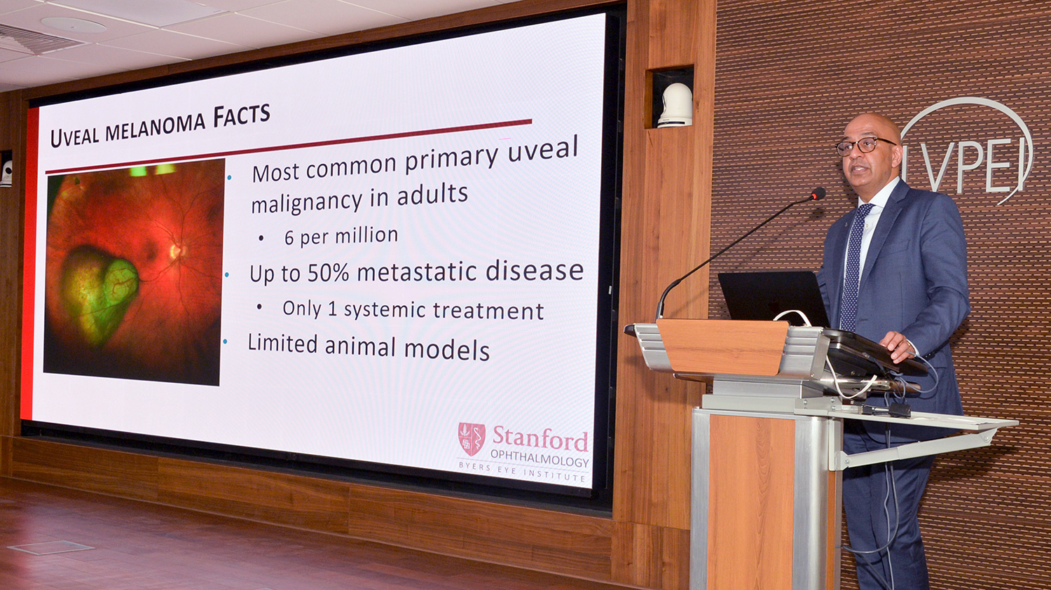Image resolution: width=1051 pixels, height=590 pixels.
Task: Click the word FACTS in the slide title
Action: tap(242, 115)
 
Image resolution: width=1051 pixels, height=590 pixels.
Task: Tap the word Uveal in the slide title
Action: tap(75, 136)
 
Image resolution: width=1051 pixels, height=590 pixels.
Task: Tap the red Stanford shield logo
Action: tap(472, 439)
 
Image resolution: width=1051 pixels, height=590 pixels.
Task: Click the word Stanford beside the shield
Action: tap(540, 439)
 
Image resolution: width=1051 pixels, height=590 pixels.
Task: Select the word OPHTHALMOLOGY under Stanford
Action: tap(540, 459)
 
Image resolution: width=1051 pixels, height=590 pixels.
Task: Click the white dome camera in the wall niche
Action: tap(675, 106)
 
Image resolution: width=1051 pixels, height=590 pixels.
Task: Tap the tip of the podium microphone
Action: tap(819, 193)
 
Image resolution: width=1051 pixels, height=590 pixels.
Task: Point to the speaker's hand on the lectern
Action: tap(898, 346)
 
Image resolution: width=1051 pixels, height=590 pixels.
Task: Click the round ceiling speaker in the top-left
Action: tap(73, 24)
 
